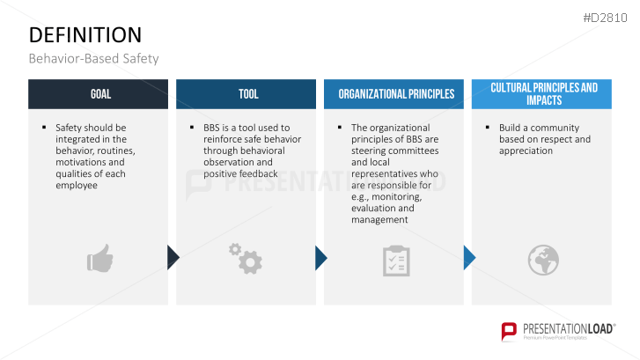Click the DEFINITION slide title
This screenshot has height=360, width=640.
[85, 34]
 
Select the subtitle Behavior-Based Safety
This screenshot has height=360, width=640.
[93, 59]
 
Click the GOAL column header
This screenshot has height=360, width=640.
[98, 94]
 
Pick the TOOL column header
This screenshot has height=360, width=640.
[247, 94]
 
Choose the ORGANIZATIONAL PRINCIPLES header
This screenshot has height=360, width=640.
[395, 94]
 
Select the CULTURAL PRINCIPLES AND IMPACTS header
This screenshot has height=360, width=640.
[542, 94]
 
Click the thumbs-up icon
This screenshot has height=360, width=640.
[99, 259]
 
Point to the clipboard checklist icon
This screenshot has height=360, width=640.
[395, 260]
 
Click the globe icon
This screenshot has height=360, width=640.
[542, 259]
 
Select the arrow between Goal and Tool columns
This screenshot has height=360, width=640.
[173, 257]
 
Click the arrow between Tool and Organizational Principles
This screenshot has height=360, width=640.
[320, 257]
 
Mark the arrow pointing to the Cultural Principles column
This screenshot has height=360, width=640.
[468, 257]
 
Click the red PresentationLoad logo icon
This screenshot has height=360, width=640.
[509, 331]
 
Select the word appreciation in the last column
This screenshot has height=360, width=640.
[526, 151]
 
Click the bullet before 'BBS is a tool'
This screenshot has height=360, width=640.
[192, 127]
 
